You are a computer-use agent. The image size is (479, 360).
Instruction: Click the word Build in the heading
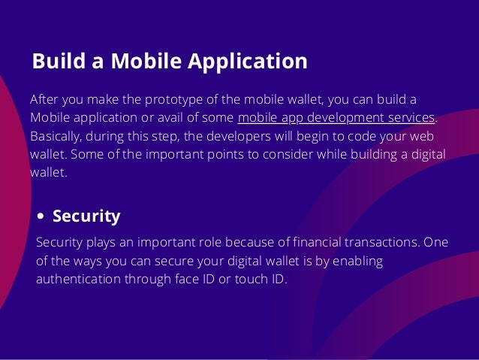click(55, 61)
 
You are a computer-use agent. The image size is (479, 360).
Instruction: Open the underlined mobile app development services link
click(336, 118)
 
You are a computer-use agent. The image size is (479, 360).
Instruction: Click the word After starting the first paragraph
click(44, 100)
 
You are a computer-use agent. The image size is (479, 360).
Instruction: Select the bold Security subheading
click(86, 216)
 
